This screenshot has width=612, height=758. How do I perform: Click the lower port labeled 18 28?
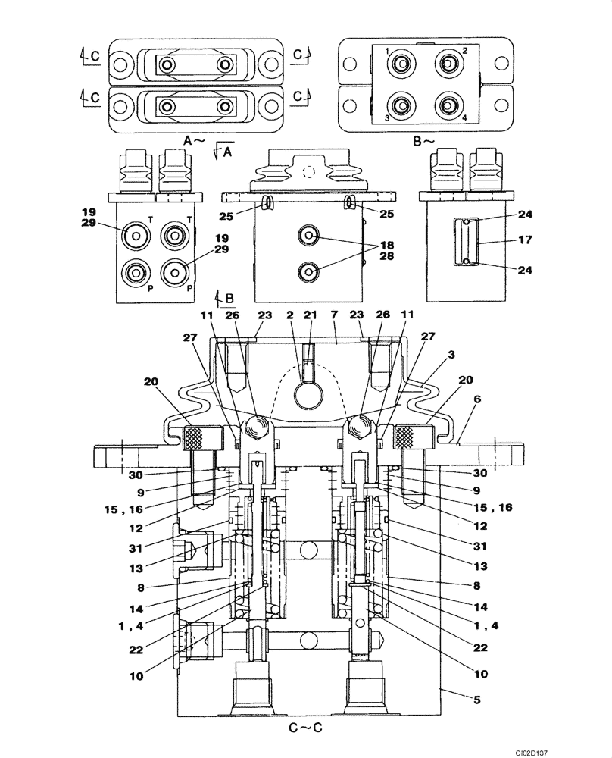coord(308,271)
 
